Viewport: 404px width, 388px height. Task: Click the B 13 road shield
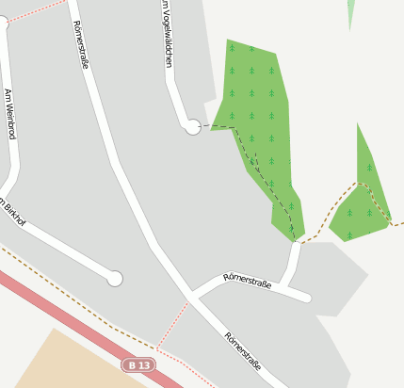139,364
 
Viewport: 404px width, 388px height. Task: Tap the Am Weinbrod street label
10,114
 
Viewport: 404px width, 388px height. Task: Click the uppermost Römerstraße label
79,47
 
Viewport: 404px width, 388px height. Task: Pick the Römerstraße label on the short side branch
248,280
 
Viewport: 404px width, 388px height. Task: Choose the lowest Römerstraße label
243,350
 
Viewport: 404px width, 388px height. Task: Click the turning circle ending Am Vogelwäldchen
193,126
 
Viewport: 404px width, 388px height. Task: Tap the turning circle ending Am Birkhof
115,279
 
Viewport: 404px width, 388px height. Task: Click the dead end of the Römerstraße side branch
305,298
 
